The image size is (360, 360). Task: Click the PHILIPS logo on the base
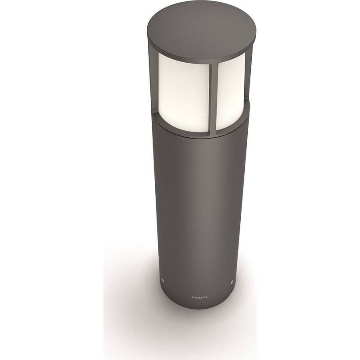tap(200, 297)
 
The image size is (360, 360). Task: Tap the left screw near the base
tap(163, 280)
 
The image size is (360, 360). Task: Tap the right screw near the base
tap(232, 281)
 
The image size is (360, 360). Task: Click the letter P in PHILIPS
tap(192, 297)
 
